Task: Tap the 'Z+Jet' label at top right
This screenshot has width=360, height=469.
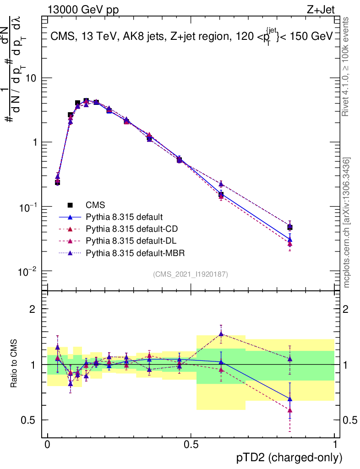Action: click(x=327, y=9)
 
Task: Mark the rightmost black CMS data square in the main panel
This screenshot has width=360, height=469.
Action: click(x=289, y=227)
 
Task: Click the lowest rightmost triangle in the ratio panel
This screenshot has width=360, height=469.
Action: click(x=289, y=410)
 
